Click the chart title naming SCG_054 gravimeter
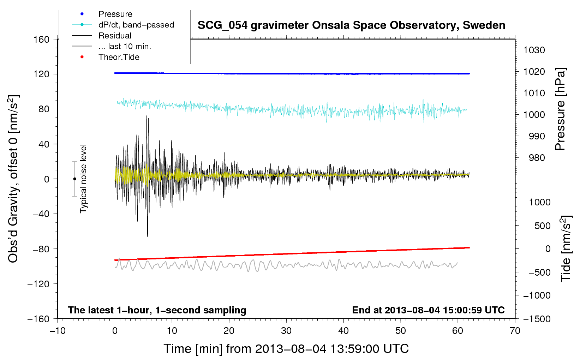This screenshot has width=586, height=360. [x=351, y=25]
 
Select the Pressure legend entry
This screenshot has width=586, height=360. [x=115, y=14]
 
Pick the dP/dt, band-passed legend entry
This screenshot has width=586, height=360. [x=136, y=25]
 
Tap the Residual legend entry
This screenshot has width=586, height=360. [x=115, y=36]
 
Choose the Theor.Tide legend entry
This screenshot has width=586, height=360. [x=119, y=57]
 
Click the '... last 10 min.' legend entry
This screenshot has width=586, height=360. [x=125, y=46]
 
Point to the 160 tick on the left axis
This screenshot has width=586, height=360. [x=41, y=39]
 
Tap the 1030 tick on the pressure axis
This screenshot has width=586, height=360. [x=534, y=50]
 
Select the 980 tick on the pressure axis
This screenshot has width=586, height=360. [x=537, y=158]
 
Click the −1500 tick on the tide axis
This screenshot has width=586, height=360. [x=537, y=319]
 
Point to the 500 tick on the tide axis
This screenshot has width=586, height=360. [x=542, y=226]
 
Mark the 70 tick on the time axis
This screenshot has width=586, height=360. [x=515, y=331]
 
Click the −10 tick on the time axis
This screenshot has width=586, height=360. [x=58, y=331]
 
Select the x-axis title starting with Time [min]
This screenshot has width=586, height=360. [x=286, y=349]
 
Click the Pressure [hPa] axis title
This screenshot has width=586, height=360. [x=560, y=109]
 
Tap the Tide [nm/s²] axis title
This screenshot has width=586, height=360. [x=566, y=248]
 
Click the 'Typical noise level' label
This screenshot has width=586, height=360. [x=83, y=179]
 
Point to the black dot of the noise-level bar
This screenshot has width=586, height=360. [x=74, y=179]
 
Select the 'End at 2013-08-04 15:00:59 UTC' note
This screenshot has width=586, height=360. [x=428, y=310]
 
